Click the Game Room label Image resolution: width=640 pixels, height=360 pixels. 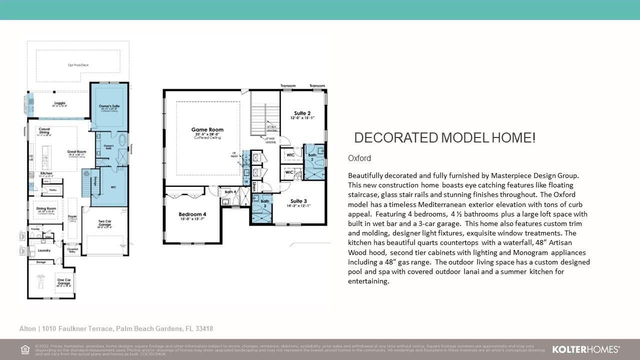(207, 130)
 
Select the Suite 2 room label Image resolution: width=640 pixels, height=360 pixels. (302, 113)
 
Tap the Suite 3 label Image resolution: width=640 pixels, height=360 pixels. (298, 201)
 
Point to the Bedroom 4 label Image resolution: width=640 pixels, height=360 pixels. (192, 214)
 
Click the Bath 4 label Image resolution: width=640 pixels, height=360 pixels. (230, 192)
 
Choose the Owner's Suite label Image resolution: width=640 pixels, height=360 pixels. (109, 106)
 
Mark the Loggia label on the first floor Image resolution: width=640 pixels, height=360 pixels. (60, 103)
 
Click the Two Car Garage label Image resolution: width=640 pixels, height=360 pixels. (105, 223)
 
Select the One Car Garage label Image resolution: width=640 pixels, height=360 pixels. (63, 281)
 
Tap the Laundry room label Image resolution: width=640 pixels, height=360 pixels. (44, 250)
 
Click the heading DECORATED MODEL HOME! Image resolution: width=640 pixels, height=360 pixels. (444, 138)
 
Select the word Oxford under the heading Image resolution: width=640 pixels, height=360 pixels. (359, 158)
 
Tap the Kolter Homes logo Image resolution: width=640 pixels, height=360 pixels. (585, 349)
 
